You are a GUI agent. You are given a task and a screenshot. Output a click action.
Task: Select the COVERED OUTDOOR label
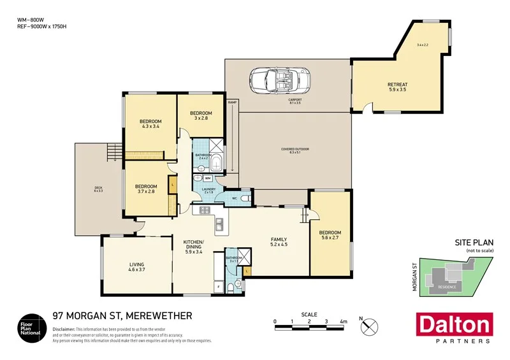click(295, 150)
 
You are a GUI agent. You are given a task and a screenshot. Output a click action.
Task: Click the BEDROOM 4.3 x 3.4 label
click(150, 124)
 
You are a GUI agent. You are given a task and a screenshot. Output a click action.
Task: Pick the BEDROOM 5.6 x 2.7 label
click(330, 235)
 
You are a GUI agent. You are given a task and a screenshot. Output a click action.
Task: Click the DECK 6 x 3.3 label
click(98, 189)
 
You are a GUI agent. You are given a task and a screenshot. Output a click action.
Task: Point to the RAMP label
click(232, 102)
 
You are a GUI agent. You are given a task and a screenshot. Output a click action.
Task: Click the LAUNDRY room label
click(210, 191)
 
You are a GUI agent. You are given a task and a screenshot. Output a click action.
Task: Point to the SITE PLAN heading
click(472, 243)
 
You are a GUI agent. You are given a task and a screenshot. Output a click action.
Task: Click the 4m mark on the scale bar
click(343, 322)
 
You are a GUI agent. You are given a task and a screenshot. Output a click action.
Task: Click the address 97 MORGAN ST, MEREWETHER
click(121, 316)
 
